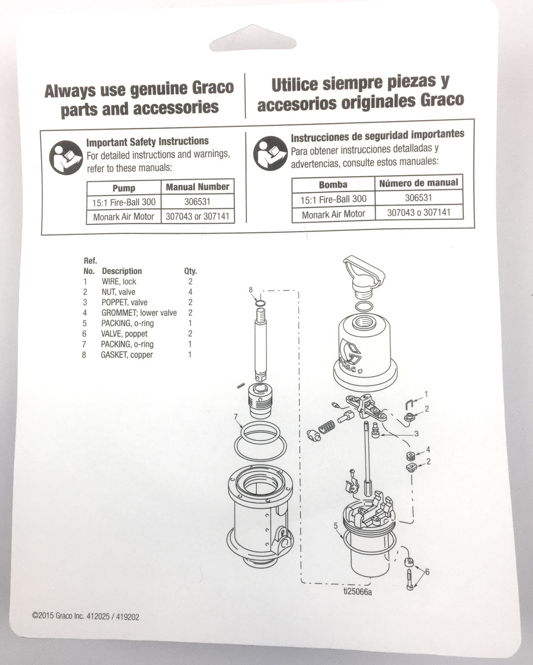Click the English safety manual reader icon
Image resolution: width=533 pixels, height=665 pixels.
click(66, 157)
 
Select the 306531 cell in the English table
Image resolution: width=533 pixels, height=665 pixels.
click(197, 202)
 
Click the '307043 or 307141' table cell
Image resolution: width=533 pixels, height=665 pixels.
click(197, 217)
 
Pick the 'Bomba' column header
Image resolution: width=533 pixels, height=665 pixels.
click(333, 184)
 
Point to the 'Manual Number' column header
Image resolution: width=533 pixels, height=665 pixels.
click(197, 187)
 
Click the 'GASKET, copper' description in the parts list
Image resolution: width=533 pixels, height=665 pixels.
click(127, 355)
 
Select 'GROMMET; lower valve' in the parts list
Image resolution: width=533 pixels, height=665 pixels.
click(139, 313)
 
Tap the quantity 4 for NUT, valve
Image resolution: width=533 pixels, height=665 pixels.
click(190, 292)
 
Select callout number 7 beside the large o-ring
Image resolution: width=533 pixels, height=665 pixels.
click(236, 417)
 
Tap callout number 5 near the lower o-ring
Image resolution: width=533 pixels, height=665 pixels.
click(336, 525)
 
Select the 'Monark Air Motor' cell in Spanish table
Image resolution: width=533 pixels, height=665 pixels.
click(333, 214)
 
